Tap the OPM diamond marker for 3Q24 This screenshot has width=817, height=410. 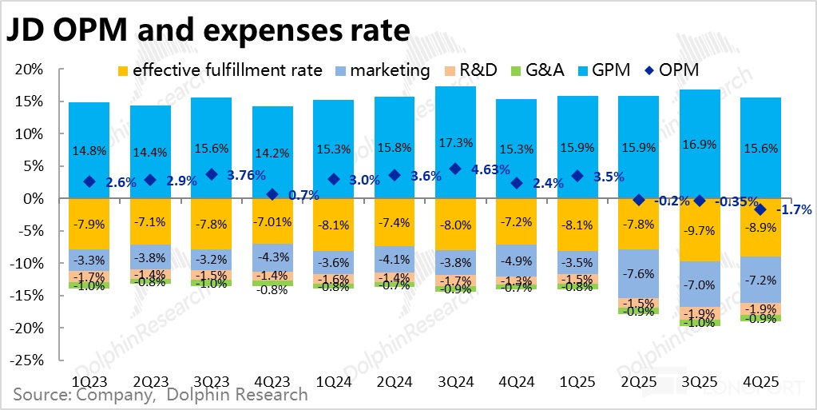tap(455, 169)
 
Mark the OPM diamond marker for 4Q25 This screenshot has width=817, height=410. tap(759, 209)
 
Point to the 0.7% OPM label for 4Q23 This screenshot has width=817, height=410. tap(304, 194)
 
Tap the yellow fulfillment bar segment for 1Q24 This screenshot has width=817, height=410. tap(333, 225)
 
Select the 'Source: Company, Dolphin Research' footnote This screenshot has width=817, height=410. tap(161, 395)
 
